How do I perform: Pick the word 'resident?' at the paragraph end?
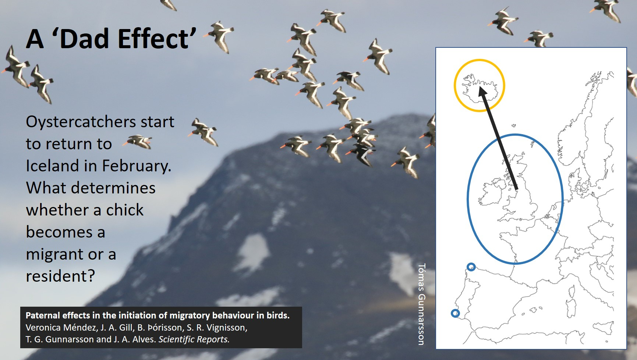60,276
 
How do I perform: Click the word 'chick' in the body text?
125,210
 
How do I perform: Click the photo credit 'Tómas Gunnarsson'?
422,304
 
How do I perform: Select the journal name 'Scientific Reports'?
194,339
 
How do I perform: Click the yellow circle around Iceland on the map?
454,85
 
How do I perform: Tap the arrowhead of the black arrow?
482,93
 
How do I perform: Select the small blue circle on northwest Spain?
471,267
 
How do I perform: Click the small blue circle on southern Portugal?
455,313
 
